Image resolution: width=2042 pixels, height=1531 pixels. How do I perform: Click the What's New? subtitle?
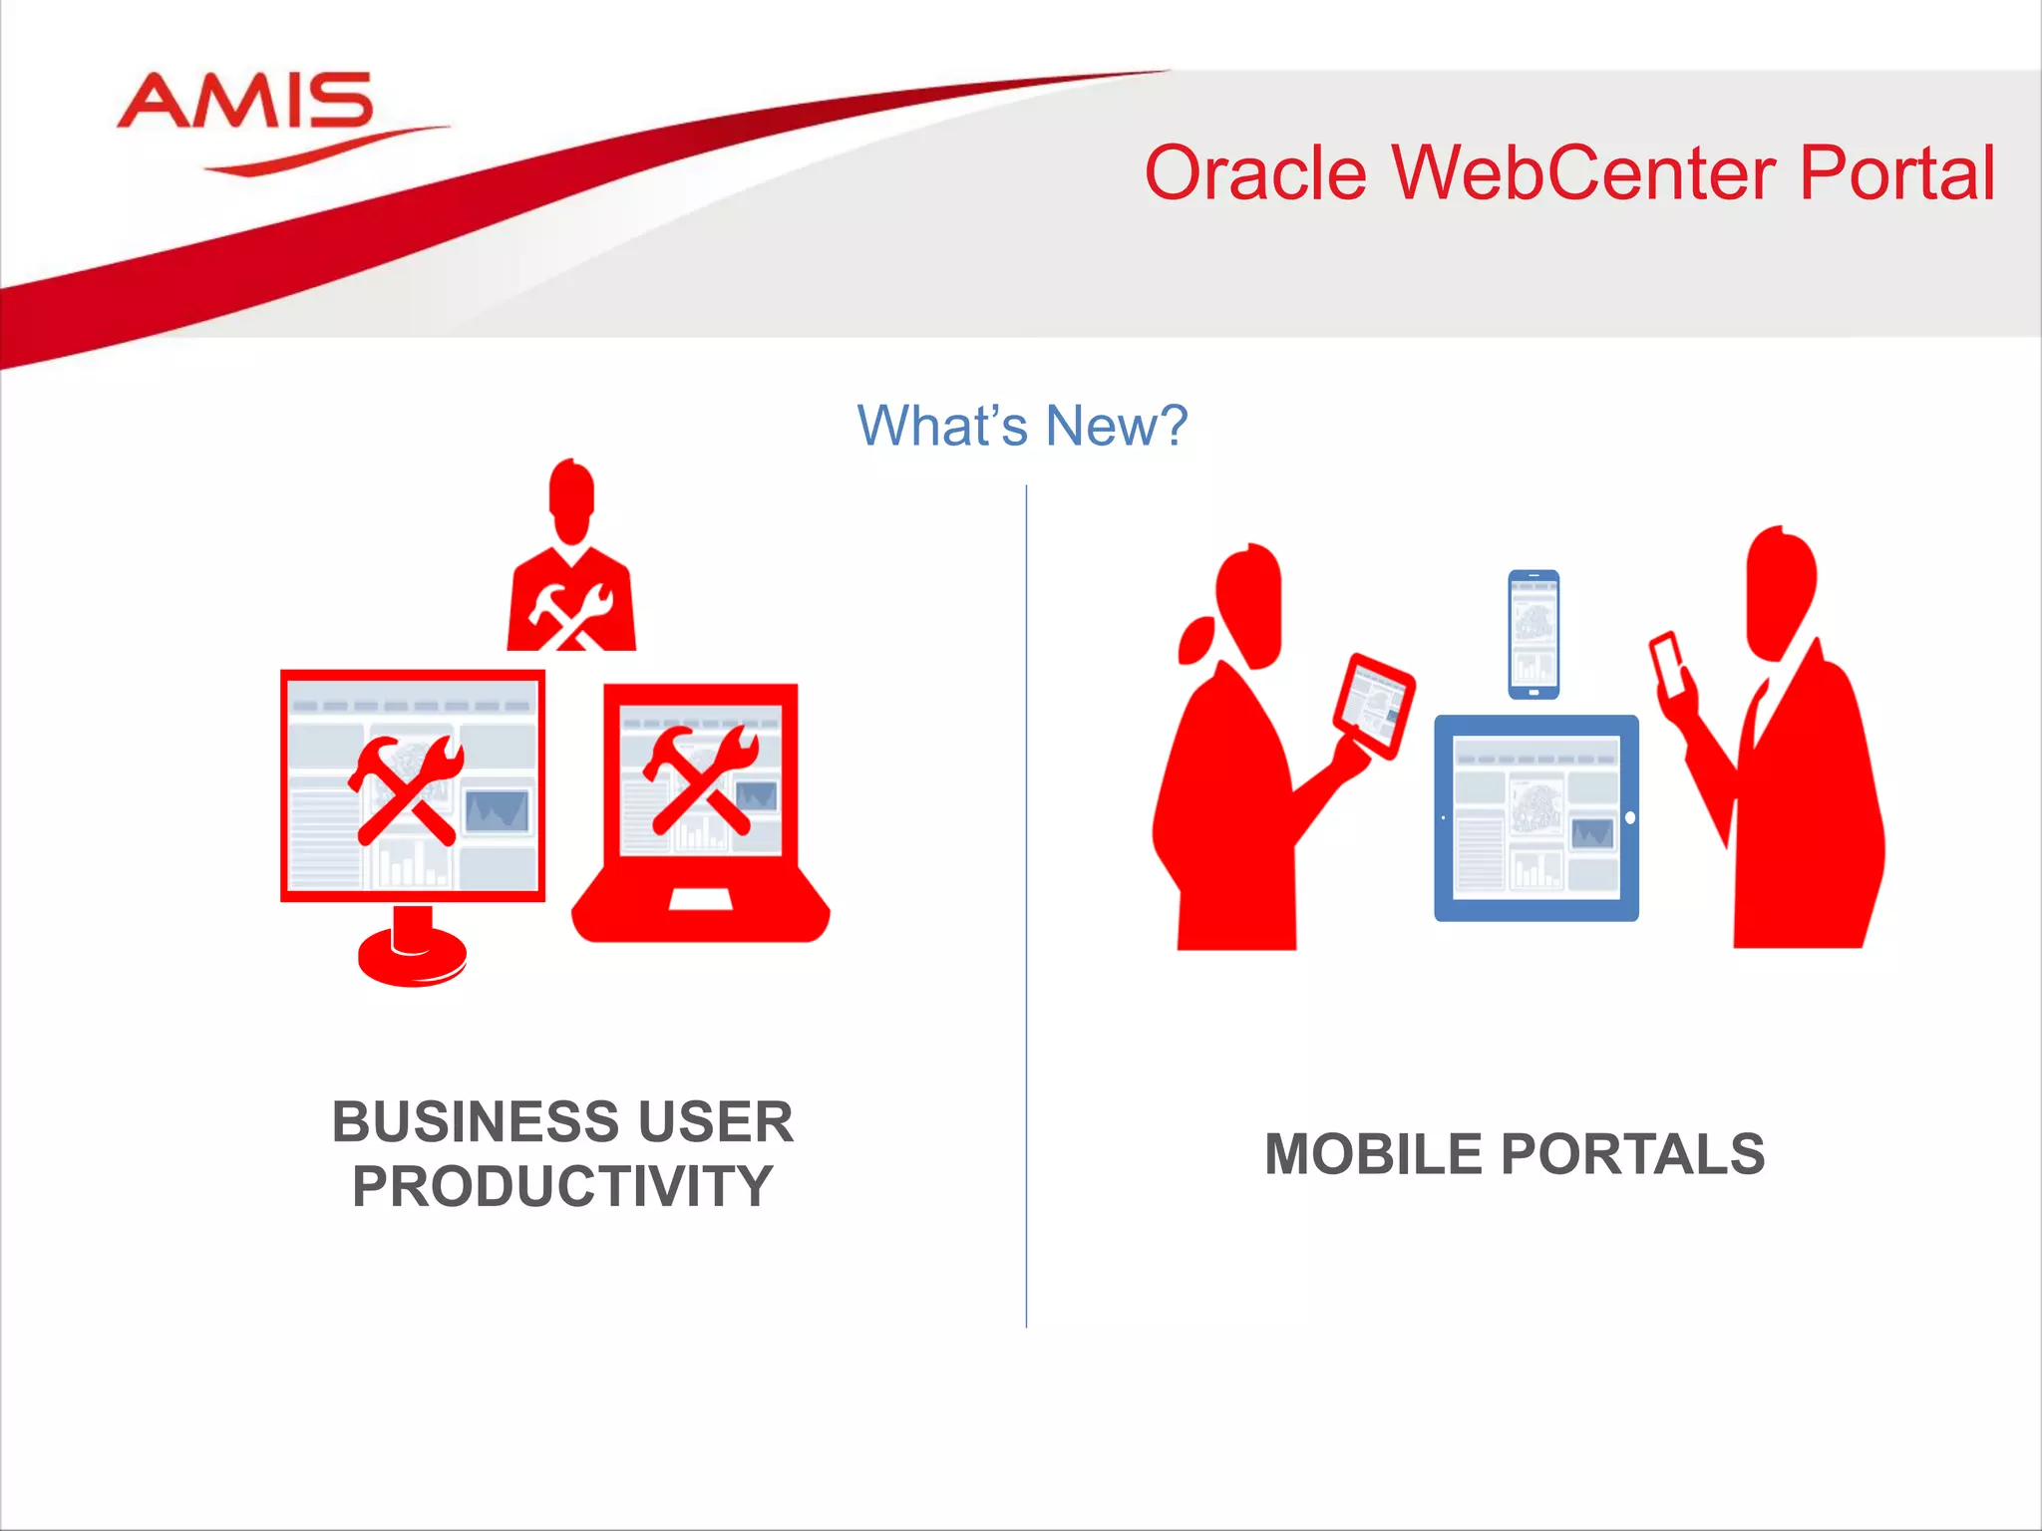point(1022,426)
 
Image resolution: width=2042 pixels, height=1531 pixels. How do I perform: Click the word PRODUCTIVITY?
point(562,1186)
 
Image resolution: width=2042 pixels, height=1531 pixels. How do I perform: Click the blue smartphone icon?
point(1533,634)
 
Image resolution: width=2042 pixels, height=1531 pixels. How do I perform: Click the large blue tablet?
point(1535,817)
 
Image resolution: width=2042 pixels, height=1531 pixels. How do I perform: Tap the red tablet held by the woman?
point(1374,704)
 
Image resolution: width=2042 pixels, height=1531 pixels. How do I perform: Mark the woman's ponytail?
point(1195,640)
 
